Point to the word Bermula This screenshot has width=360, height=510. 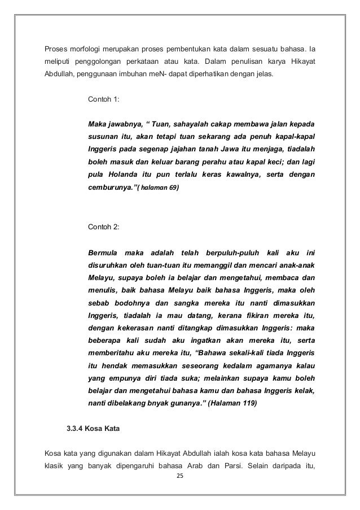pyautogui.click(x=106, y=251)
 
